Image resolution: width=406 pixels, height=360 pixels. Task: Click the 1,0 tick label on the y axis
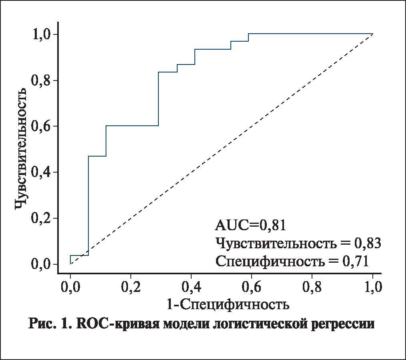(x=41, y=34)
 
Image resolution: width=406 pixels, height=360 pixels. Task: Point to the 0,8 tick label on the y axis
(x=41, y=80)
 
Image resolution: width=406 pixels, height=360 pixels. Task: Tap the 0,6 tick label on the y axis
(x=41, y=127)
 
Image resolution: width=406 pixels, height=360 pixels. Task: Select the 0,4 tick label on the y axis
(x=41, y=172)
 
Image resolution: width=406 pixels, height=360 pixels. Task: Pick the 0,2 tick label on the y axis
(x=41, y=218)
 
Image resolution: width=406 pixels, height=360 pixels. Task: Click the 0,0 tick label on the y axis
(x=41, y=264)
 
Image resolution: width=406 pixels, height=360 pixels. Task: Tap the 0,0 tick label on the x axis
(x=70, y=287)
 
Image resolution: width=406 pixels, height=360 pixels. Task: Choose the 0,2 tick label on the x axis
(x=131, y=287)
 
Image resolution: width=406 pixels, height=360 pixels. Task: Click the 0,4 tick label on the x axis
(x=191, y=287)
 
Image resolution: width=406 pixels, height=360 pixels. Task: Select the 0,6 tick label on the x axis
(x=252, y=287)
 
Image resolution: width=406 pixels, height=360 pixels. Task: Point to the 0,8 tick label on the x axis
(x=312, y=287)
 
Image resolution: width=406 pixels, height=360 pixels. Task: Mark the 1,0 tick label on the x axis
(x=372, y=287)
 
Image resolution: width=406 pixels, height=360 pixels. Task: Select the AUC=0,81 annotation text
(x=250, y=225)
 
